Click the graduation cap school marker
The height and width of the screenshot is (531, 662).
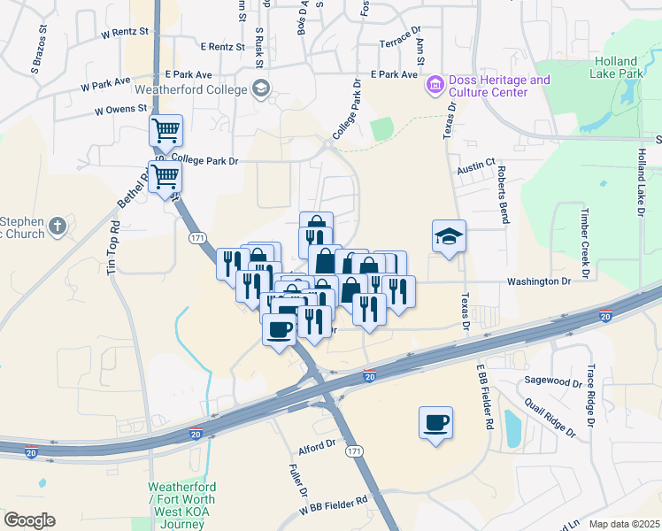[448, 237]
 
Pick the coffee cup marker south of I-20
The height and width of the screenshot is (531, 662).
[435, 423]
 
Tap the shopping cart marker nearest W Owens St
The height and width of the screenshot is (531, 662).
[165, 132]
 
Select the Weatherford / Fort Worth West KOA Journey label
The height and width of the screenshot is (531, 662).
[181, 505]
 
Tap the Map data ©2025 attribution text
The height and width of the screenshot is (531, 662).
[624, 524]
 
